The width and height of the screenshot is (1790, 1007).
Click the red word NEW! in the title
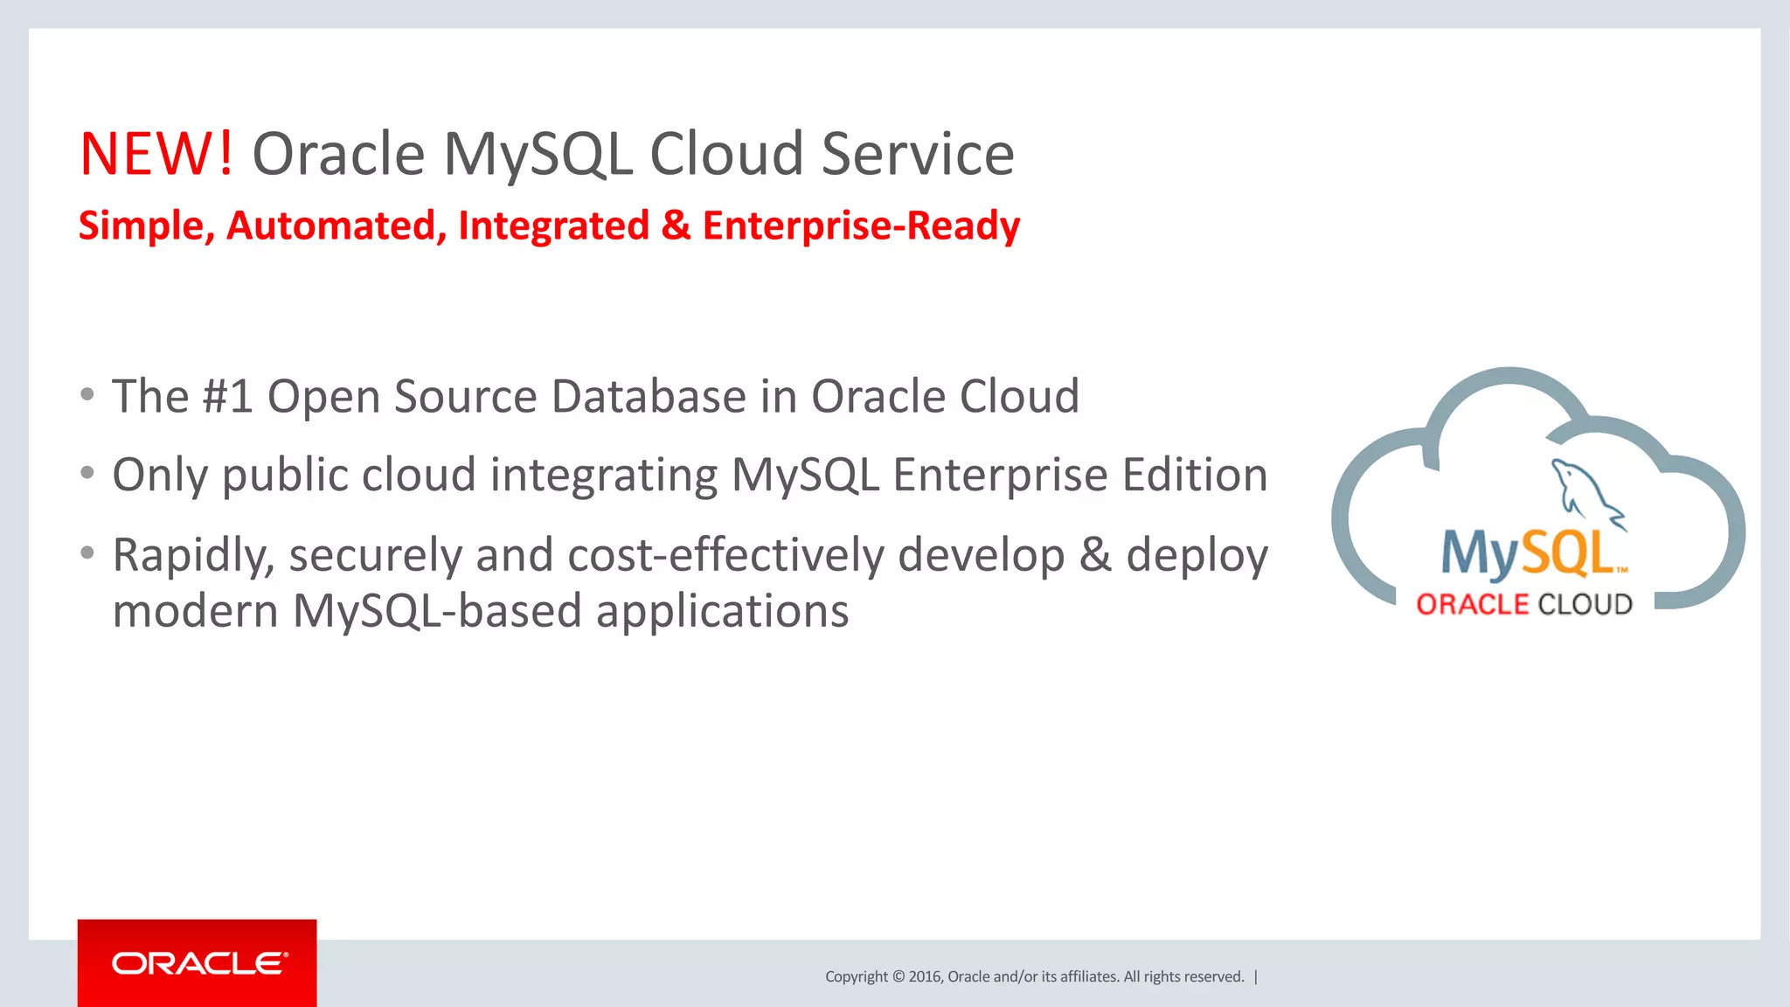[x=156, y=155]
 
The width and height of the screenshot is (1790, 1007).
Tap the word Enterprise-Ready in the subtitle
[x=861, y=226]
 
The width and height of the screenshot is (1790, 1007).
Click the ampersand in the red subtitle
[x=676, y=226]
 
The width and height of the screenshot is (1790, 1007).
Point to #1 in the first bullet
[x=227, y=396]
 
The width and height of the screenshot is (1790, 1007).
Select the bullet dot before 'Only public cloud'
[x=87, y=473]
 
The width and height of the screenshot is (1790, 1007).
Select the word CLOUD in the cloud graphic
[x=1585, y=604]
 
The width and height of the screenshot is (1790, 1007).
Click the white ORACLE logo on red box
[x=198, y=963]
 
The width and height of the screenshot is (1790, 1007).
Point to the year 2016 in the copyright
[x=925, y=976]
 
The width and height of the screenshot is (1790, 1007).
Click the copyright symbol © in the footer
[x=898, y=976]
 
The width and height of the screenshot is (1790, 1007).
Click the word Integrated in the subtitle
[x=553, y=226]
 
